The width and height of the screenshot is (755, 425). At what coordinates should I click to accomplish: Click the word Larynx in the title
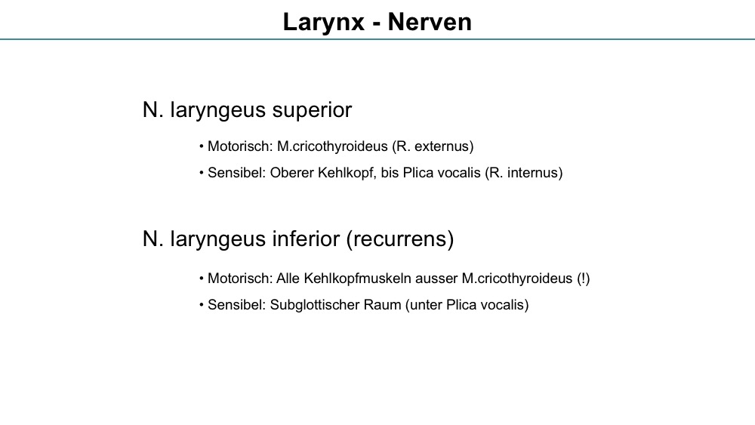click(x=324, y=23)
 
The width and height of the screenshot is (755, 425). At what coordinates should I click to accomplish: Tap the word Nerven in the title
click(x=430, y=22)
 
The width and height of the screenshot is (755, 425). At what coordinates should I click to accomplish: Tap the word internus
click(x=533, y=173)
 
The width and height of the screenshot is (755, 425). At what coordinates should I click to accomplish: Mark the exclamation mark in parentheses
click(x=583, y=279)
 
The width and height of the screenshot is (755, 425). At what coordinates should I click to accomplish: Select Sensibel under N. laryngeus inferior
click(x=236, y=305)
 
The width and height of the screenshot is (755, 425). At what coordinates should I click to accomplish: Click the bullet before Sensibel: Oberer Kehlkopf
click(x=202, y=173)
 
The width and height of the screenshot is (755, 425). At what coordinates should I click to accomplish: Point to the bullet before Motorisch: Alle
click(x=202, y=279)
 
